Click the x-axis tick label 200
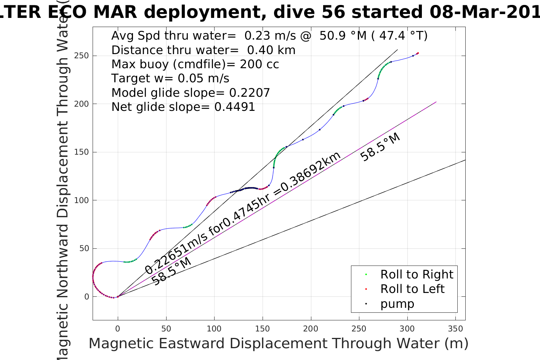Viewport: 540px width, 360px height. [x=311, y=329]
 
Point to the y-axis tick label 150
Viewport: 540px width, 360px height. [x=82, y=152]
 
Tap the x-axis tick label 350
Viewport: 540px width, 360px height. [x=456, y=329]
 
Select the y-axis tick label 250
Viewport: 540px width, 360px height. [x=82, y=56]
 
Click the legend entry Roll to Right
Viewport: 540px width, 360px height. [x=417, y=274]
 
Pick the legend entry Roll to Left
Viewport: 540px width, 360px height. [x=412, y=289]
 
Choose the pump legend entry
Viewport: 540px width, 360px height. [x=397, y=304]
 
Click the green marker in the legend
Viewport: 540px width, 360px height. [x=366, y=274]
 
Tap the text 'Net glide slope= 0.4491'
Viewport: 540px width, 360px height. [x=183, y=107]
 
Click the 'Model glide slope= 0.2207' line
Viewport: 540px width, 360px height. [x=191, y=93]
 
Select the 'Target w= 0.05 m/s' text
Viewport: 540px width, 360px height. [x=170, y=78]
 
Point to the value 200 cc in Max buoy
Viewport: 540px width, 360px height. [x=260, y=64]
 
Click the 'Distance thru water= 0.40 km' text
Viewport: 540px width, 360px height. [x=203, y=50]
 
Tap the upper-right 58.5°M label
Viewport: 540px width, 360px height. [x=380, y=147]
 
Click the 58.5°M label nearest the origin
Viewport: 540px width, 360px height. [x=171, y=271]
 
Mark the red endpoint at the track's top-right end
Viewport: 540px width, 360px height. [x=418, y=53]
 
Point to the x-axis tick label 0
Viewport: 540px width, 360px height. [x=118, y=329]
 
